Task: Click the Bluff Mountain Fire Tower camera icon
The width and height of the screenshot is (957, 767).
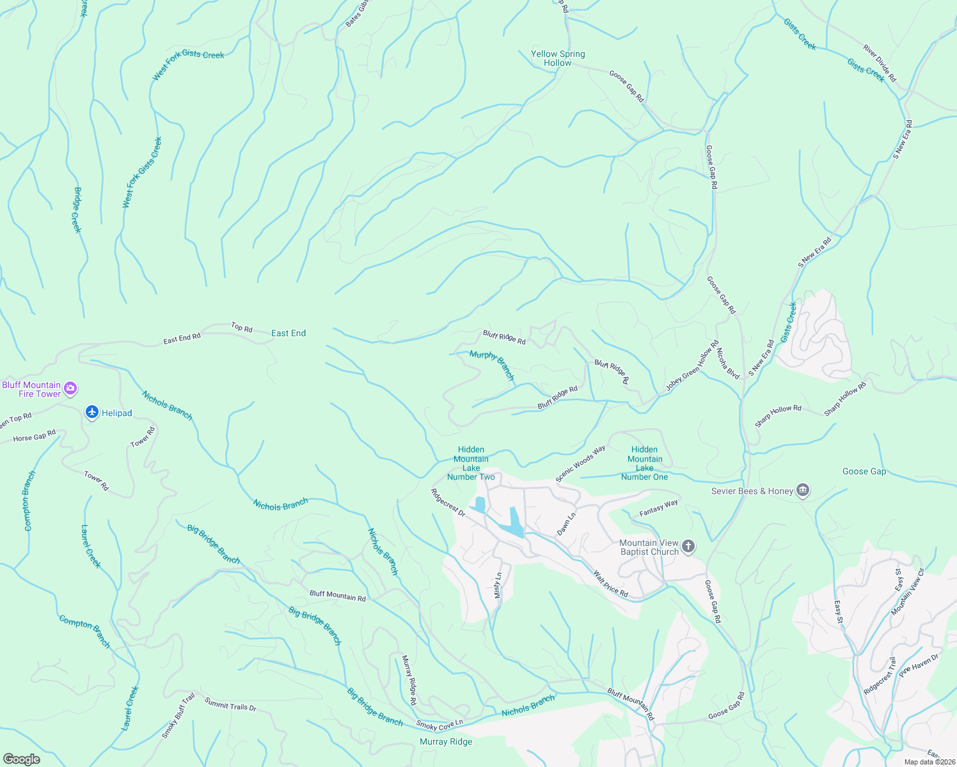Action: coord(71,388)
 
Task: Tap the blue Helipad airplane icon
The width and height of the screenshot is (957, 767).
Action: coord(92,413)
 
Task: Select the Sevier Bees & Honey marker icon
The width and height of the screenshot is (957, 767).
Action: coord(803,491)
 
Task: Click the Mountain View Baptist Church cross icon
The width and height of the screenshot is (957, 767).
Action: coord(688,546)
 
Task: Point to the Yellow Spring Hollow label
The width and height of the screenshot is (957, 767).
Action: coord(558,58)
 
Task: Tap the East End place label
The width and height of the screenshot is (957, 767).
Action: coord(289,333)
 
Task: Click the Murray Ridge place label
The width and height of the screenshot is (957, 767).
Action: coord(446,741)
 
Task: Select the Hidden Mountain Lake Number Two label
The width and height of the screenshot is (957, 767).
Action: coord(471,463)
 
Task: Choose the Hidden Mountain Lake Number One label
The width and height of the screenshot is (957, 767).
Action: coord(644,463)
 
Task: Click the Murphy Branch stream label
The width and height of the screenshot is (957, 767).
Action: coord(492,365)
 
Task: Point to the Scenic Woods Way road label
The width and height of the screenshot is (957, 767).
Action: coord(580,463)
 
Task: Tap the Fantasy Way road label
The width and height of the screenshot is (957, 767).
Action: coord(658,508)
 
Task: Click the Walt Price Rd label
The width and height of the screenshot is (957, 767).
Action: coord(610,584)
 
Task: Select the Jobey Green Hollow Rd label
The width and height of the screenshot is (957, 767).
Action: coord(692,366)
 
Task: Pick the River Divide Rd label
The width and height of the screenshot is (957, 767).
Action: coord(880,63)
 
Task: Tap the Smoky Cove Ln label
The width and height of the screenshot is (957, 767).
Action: coord(439,725)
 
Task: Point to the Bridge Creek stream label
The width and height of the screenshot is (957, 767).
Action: coord(77,210)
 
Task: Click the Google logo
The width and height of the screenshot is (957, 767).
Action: coord(21,759)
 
